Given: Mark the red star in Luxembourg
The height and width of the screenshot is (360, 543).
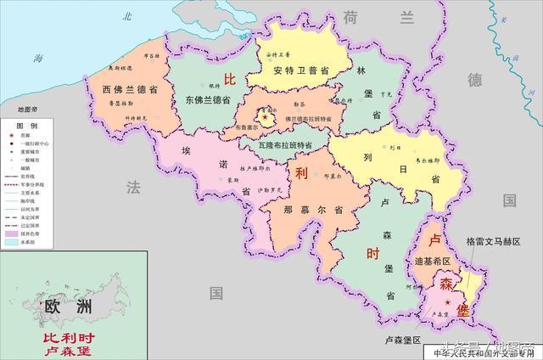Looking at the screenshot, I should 446,302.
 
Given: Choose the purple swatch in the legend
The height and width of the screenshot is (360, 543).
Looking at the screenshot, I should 12,232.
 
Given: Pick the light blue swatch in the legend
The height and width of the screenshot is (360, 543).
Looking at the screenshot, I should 12,241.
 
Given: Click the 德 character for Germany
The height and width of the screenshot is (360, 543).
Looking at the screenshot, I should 474,81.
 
